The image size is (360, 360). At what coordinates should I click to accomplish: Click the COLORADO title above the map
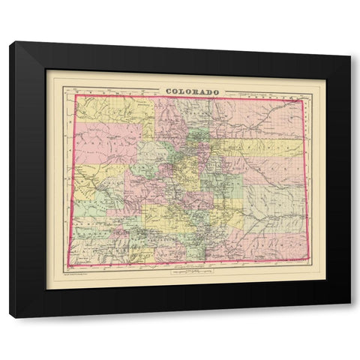coord(192,91)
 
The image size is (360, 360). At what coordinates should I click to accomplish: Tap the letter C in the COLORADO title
coord(167,91)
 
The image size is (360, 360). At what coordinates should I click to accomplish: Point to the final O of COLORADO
coord(217,91)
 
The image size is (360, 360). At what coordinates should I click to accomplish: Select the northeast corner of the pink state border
coord(303,99)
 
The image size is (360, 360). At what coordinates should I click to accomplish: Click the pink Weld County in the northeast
coord(255,116)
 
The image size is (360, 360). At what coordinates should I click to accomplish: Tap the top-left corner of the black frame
coord(10,42)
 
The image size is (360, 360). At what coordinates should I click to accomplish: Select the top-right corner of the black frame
coord(350,42)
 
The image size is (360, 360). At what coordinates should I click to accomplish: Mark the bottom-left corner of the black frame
coord(10,318)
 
